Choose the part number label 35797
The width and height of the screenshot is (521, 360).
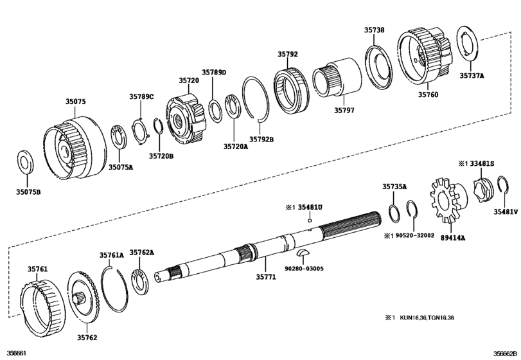pyautogui.click(x=344, y=110)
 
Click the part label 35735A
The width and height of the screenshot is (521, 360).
pyautogui.click(x=394, y=186)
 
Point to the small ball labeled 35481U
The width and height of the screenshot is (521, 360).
pyautogui.click(x=309, y=221)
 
